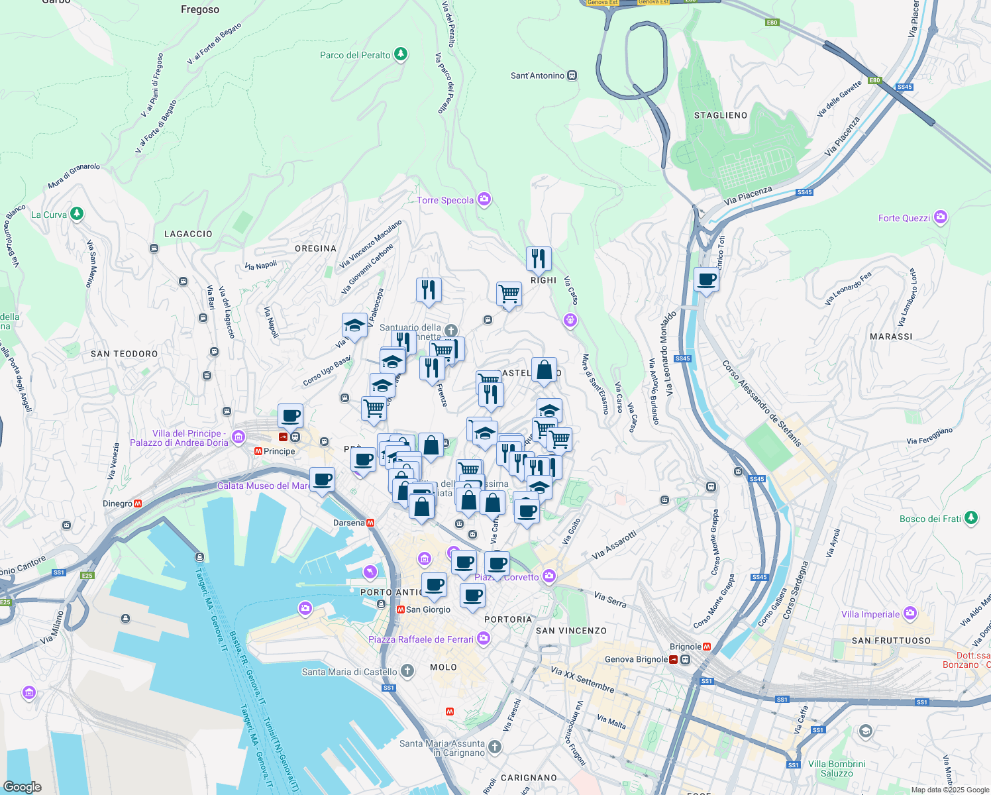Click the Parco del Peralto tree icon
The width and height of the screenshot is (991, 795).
(x=401, y=54)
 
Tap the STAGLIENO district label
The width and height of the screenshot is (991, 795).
(x=721, y=115)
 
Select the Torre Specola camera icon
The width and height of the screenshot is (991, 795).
(x=484, y=199)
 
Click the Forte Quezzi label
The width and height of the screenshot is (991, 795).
(x=904, y=218)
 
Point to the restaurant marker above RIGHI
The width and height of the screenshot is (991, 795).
(x=539, y=258)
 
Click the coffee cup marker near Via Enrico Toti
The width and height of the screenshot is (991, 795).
(x=706, y=280)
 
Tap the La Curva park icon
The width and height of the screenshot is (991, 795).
(x=78, y=214)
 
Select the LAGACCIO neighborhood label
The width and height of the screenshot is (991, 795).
(x=188, y=234)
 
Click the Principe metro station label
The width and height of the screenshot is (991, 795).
(x=279, y=451)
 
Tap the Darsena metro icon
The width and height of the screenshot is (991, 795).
(x=370, y=523)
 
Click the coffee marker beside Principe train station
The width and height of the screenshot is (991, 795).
(x=290, y=417)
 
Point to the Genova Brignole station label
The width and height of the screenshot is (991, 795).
(x=636, y=659)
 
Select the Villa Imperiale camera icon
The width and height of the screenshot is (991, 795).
(x=910, y=613)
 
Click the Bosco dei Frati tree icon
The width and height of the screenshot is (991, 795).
(x=971, y=518)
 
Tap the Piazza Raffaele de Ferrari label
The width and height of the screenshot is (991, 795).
(x=421, y=639)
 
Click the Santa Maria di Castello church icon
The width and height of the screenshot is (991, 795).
(x=407, y=671)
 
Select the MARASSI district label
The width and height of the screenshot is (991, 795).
(x=891, y=337)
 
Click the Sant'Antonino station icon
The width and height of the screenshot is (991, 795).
(x=572, y=76)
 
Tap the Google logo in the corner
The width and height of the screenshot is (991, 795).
(x=23, y=786)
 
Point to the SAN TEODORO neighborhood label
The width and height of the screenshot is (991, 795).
(x=125, y=354)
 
